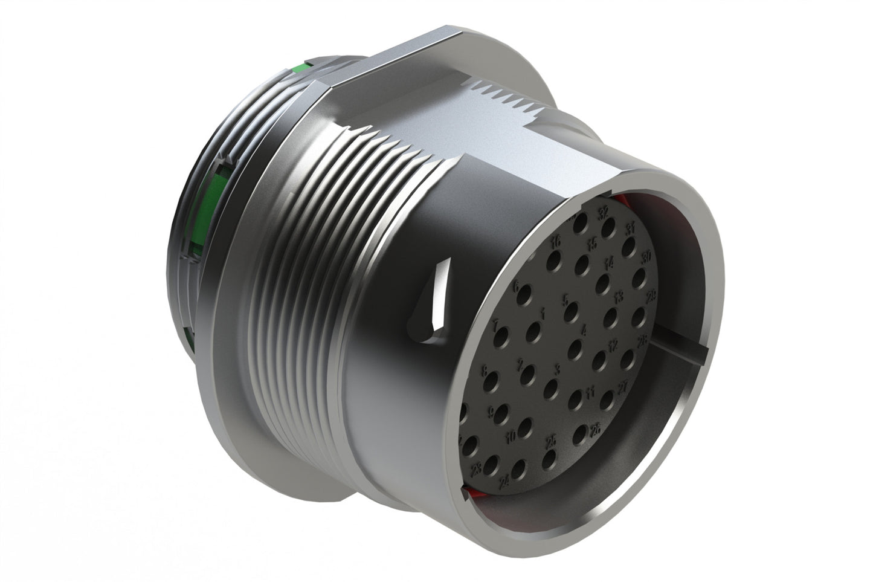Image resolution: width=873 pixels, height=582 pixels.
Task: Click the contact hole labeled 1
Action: [x=533, y=330]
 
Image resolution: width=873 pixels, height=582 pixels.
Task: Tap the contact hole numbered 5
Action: [x=572, y=313]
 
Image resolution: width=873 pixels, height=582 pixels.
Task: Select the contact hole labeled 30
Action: [x=639, y=277]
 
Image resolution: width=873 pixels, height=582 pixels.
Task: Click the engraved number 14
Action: [x=610, y=262]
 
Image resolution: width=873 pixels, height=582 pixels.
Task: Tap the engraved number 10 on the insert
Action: [x=511, y=435]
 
